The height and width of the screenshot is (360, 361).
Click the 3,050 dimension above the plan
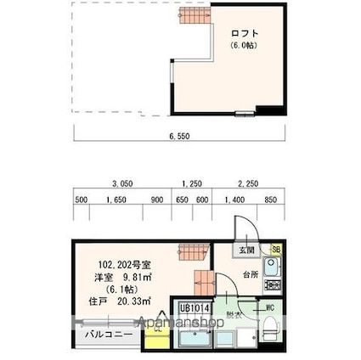click(x=122, y=183)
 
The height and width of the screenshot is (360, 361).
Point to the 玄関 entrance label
click(x=245, y=250)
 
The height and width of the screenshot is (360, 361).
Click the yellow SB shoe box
click(x=276, y=249)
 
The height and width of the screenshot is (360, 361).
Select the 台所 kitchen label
click(x=251, y=275)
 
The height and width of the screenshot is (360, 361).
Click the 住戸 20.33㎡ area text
click(x=116, y=301)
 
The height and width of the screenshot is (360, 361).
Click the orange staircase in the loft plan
click(x=192, y=14)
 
